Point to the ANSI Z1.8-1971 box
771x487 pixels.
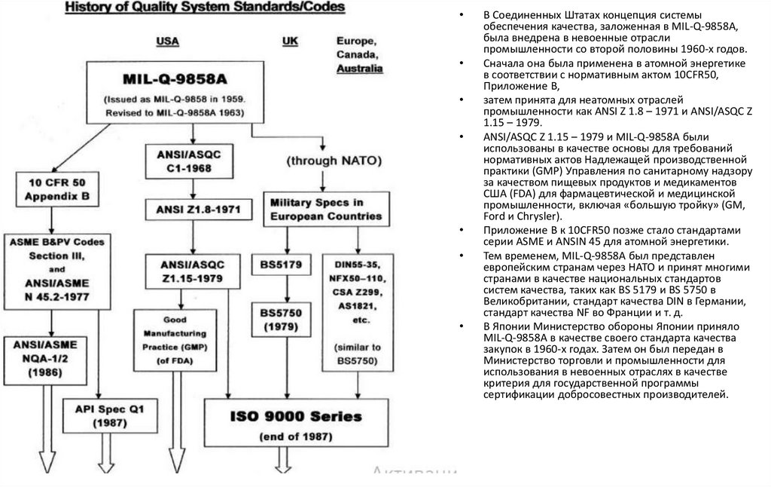point(194,208)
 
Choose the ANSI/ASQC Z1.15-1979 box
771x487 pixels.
point(194,270)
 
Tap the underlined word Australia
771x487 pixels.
point(359,68)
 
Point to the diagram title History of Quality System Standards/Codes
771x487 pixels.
point(205,8)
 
